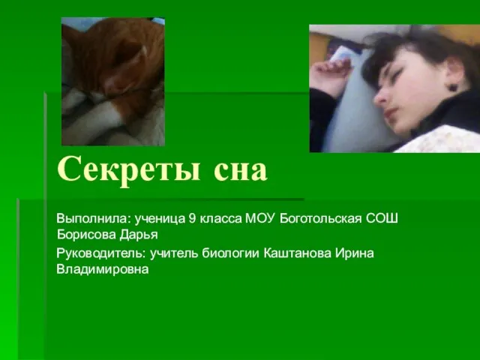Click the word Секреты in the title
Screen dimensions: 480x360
coord(129,170)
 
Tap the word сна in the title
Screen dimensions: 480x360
coord(241,171)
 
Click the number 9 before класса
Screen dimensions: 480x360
coord(192,218)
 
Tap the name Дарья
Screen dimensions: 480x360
coord(139,235)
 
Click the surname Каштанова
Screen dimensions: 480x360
coord(297,253)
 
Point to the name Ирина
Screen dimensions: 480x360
coord(355,253)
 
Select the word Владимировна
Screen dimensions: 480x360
coord(103,270)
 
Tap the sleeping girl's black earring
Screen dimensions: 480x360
coord(453,88)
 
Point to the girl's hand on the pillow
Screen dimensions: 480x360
coord(331,73)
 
